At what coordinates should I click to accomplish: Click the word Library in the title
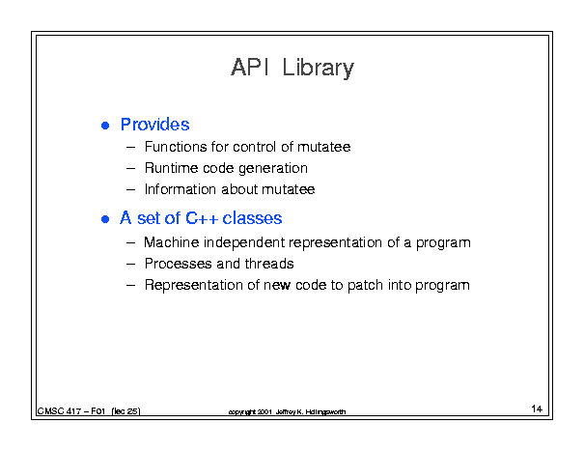tap(319, 69)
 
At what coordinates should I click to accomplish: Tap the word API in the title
tap(250, 67)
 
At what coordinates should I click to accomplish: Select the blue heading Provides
tap(155, 125)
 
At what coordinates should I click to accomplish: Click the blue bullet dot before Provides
tap(105, 126)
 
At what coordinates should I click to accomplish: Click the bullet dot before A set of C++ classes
tap(105, 219)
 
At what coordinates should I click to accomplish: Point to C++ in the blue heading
tap(202, 218)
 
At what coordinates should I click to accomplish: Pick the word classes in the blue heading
tap(252, 218)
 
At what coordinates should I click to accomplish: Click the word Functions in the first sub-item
tap(175, 147)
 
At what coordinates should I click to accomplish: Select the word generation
tap(273, 169)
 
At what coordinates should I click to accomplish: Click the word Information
tap(181, 189)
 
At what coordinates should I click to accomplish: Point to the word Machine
tap(172, 242)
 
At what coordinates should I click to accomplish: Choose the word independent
tap(244, 243)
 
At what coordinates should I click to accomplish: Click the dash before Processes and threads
tap(130, 265)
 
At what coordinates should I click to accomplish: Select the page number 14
tap(537, 409)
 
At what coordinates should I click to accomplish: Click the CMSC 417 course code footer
tap(89, 411)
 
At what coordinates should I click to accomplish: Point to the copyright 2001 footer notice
tap(287, 411)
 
